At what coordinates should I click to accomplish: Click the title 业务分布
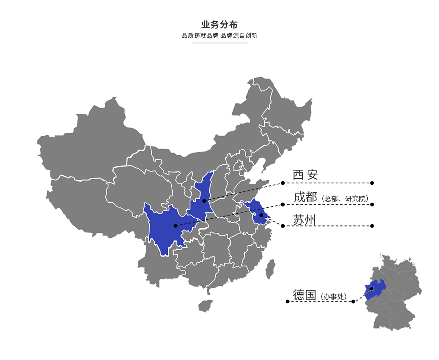tap(219, 25)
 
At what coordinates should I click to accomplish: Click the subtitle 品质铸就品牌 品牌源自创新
tap(219, 36)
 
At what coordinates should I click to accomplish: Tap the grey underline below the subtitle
tap(219, 43)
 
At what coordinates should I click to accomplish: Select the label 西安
tap(305, 175)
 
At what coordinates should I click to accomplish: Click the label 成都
tap(305, 197)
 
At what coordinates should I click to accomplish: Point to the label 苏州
tap(304, 220)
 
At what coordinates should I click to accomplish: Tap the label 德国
tap(304, 295)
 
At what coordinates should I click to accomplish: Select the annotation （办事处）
tap(333, 297)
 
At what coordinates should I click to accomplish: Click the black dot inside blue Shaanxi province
tap(204, 201)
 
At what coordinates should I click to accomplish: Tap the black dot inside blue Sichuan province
tap(176, 226)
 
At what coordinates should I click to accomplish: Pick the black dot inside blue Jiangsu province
tap(261, 215)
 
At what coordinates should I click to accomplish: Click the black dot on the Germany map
tap(371, 289)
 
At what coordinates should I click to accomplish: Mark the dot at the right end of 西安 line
tap(372, 183)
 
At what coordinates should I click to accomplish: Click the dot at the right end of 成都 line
tap(372, 205)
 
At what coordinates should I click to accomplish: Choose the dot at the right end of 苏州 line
tap(372, 226)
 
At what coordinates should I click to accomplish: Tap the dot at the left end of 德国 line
tap(288, 301)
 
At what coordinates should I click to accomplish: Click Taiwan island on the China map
tap(270, 269)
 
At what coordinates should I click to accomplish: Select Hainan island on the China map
tap(206, 306)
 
